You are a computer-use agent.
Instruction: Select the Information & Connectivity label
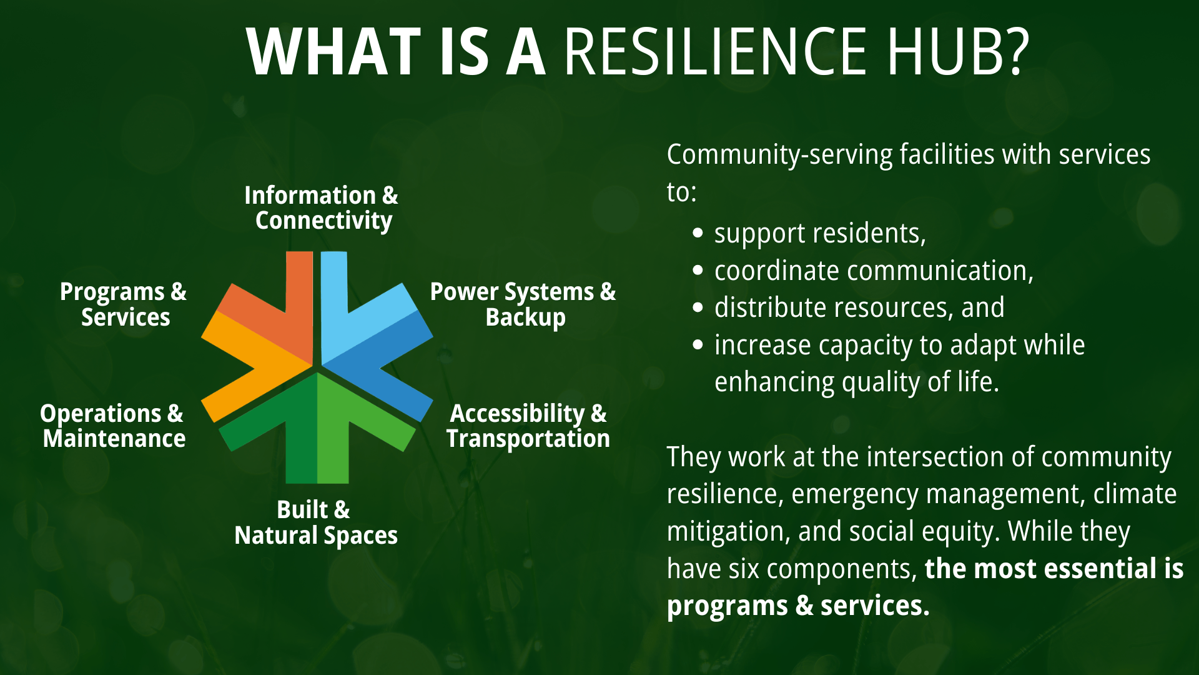[322, 208]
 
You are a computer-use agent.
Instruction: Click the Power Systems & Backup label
[523, 304]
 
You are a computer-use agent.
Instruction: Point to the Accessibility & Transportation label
[528, 426]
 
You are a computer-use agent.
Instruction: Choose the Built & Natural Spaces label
[315, 522]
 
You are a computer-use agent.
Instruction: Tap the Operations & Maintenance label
[113, 426]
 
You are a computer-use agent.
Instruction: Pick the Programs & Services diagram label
[124, 304]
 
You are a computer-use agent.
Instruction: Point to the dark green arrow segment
[284, 431]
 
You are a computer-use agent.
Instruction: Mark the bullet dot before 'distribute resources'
[698, 308]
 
